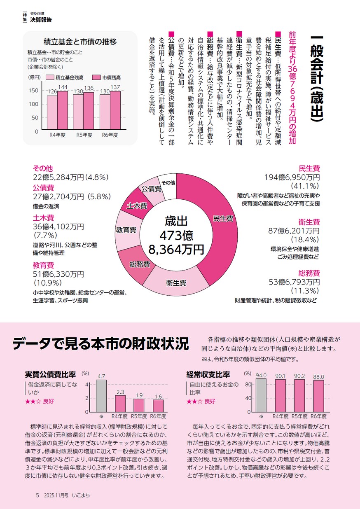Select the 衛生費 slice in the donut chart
pyautogui.click(x=176, y=283)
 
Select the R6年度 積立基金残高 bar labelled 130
pyautogui.click(x=105, y=113)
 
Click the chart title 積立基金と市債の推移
pyautogui.click(x=80, y=41)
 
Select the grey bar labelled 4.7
pyautogui.click(x=101, y=395)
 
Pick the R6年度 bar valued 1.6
pyautogui.click(x=158, y=406)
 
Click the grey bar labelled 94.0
pyautogui.click(x=261, y=395)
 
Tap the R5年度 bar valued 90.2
pyautogui.click(x=299, y=396)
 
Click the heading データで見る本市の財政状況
pyautogui.click(x=101, y=343)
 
